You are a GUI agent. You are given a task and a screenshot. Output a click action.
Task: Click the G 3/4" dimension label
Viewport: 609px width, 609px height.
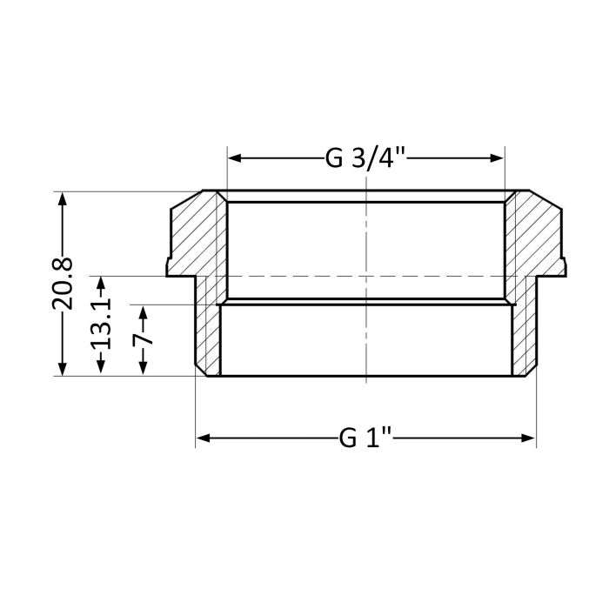point(366,158)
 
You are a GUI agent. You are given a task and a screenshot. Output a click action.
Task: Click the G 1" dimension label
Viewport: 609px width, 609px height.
point(366,438)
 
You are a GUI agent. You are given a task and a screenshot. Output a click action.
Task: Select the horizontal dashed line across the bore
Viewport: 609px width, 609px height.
point(366,276)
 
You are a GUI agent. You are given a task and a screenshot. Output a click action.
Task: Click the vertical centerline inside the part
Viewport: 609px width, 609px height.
point(366,339)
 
